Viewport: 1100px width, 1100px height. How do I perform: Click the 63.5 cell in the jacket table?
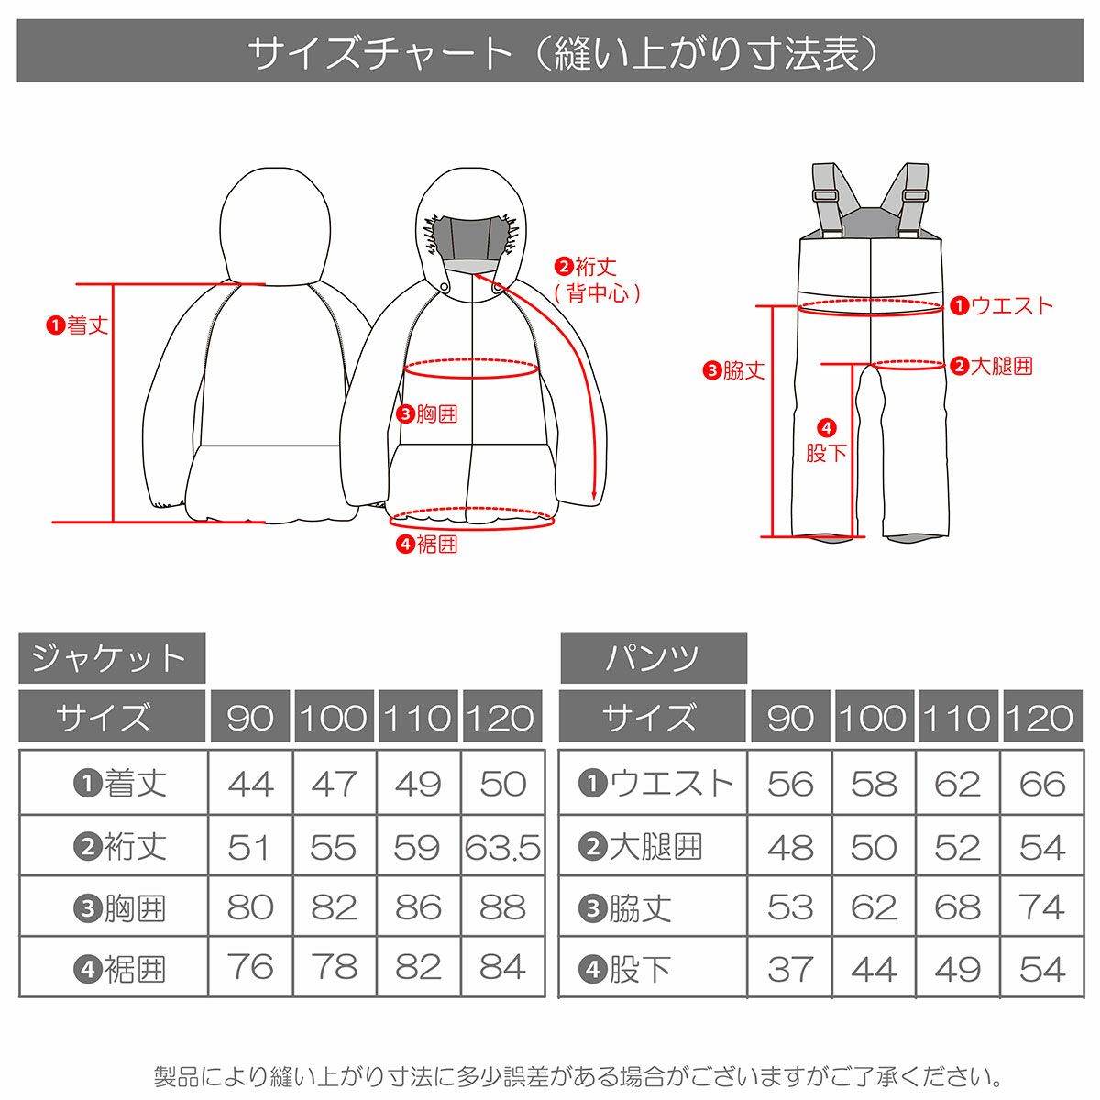click(502, 847)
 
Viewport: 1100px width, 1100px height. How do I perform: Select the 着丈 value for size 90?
click(250, 785)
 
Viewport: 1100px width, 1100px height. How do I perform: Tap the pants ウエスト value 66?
click(1042, 785)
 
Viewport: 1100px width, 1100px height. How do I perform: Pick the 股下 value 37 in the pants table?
click(790, 969)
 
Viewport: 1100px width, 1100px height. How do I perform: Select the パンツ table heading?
click(653, 657)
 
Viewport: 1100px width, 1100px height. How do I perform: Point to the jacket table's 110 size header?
click(418, 718)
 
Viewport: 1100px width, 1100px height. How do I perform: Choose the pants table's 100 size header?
click(873, 718)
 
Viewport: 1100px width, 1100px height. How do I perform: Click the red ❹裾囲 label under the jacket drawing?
click(427, 544)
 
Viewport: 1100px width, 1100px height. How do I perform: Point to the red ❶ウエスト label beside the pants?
click(1002, 305)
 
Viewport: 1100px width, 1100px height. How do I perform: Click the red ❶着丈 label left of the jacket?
click(78, 324)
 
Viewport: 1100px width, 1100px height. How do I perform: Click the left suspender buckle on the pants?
click(824, 193)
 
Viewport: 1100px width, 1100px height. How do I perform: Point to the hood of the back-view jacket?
click(276, 220)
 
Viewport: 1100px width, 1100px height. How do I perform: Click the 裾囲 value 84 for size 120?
click(502, 968)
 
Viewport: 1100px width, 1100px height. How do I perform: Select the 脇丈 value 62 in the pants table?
click(873, 908)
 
